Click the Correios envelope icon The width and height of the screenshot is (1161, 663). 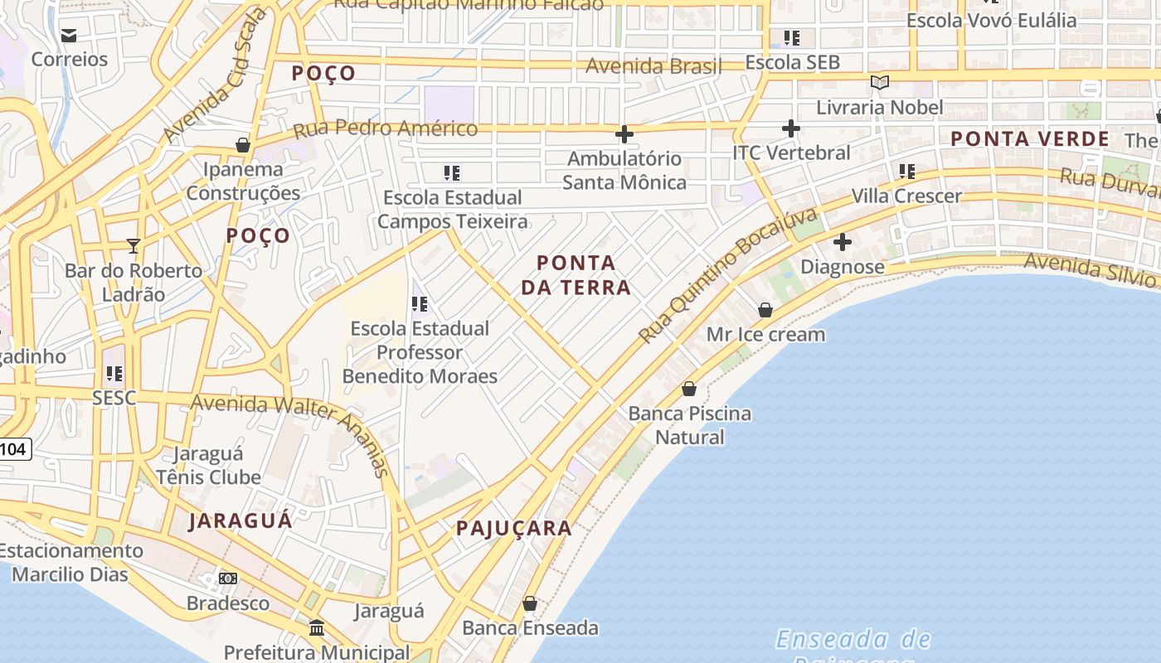point(69,35)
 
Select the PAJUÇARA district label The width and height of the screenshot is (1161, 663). point(514,528)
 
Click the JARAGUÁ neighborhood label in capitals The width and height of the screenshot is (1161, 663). point(240,520)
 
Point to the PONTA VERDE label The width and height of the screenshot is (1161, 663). point(1030,138)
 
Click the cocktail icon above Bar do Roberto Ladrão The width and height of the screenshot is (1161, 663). point(133,245)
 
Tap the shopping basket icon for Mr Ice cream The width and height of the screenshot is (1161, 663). point(765,310)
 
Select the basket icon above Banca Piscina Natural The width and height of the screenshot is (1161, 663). point(689,389)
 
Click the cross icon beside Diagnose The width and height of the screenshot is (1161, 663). point(843,243)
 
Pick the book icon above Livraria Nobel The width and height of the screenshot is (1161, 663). point(880,83)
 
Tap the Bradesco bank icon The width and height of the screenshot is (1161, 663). point(228,578)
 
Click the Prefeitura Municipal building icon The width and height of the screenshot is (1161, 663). point(317,627)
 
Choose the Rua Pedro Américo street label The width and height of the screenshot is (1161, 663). point(386,128)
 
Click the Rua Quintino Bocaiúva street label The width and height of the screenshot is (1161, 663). point(728,276)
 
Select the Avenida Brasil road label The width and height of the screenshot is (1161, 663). point(654,65)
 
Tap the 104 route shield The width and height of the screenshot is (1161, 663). point(13,450)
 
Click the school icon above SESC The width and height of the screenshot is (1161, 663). point(114,374)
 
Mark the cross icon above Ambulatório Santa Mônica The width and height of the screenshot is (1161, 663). point(624,134)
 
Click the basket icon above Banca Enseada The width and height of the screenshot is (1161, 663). point(530,603)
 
